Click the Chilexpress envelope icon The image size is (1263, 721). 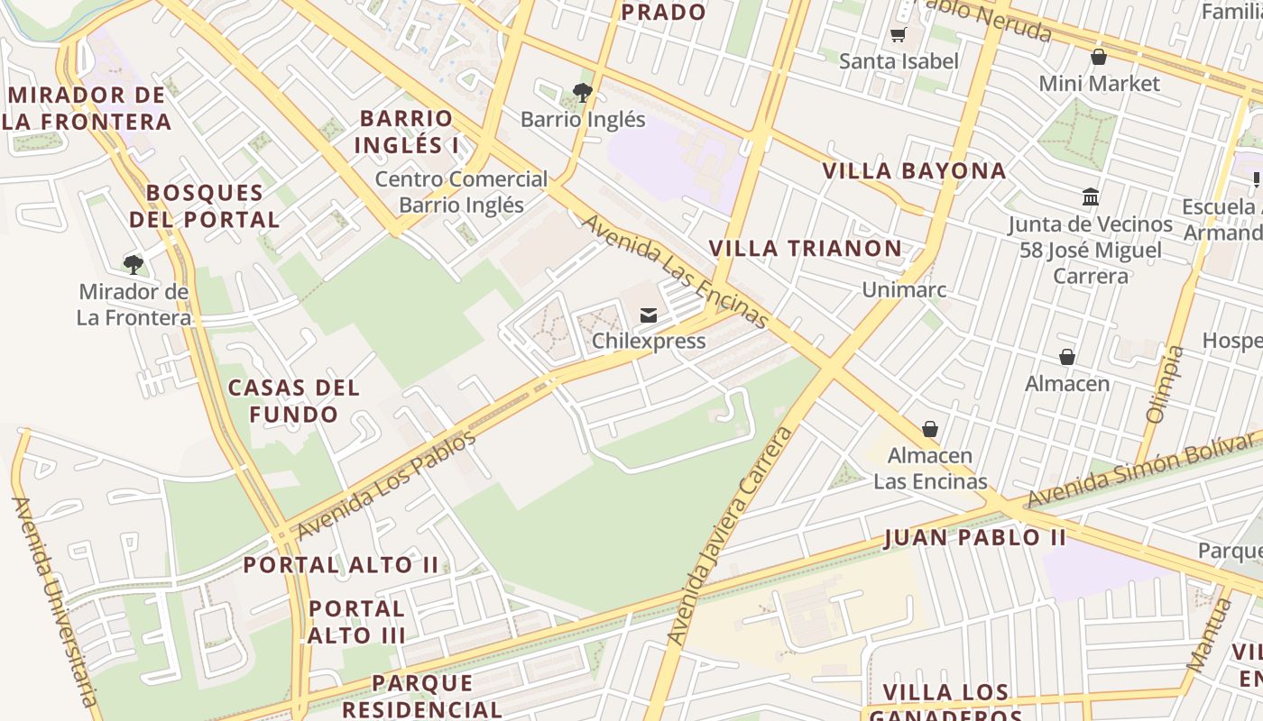pos(648,315)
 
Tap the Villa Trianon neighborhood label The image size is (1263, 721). pos(805,249)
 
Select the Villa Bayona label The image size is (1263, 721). pos(914,170)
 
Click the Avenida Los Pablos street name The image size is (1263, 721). pos(385,486)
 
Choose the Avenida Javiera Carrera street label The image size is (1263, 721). pos(731,535)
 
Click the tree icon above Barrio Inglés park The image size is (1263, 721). pos(583,92)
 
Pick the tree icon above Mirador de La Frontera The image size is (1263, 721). pos(134,264)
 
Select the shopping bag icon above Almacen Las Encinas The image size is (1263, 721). pos(930,429)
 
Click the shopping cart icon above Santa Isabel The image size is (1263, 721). pos(898,35)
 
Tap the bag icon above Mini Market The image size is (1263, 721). pos(1099,58)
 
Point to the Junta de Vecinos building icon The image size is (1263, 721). pos(1090,197)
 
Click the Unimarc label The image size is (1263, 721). pos(904,289)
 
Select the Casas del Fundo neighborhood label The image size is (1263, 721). pos(294,401)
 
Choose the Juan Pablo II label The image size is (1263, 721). pos(975,538)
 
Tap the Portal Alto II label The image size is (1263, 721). pos(341,565)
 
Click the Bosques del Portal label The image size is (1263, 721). pos(205,205)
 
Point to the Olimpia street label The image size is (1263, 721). pos(1163,384)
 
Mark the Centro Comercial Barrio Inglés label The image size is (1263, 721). pos(461,192)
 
